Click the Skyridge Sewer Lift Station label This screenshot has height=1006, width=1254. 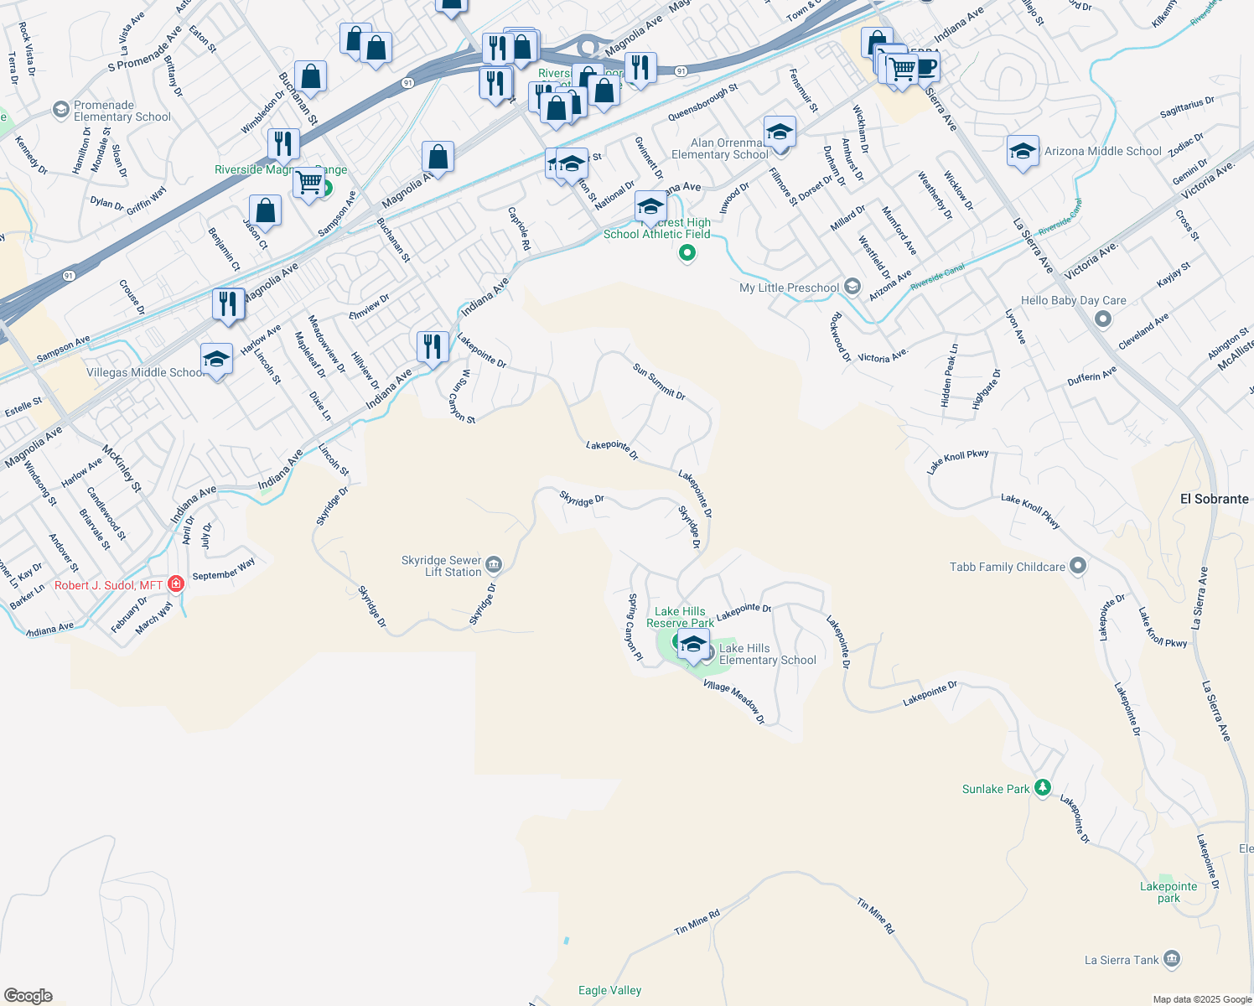pyautogui.click(x=442, y=567)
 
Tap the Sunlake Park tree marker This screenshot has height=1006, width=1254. pyautogui.click(x=1042, y=787)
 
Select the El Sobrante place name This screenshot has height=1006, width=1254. pyautogui.click(x=1214, y=499)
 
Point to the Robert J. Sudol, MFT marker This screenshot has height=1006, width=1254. pyautogui.click(x=176, y=583)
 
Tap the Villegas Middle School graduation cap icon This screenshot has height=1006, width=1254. pyautogui.click(x=216, y=360)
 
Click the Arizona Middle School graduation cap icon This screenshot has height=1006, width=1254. pyautogui.click(x=1022, y=151)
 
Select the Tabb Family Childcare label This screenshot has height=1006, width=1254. pyautogui.click(x=1007, y=568)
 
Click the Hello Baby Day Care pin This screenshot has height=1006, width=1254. pyautogui.click(x=1103, y=319)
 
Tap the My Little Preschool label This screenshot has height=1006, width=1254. pyautogui.click(x=789, y=288)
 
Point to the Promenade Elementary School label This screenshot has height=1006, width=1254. pyautogui.click(x=122, y=111)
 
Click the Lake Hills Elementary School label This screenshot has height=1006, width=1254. pyautogui.click(x=767, y=655)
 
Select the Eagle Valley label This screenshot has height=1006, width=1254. pyautogui.click(x=609, y=991)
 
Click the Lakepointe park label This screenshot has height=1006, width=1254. pyautogui.click(x=1168, y=892)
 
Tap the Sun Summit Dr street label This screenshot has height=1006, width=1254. pyautogui.click(x=659, y=381)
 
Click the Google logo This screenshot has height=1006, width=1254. pyautogui.click(x=28, y=996)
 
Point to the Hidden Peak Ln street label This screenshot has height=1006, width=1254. pyautogui.click(x=950, y=376)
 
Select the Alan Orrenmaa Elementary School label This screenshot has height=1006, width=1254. pyautogui.click(x=719, y=149)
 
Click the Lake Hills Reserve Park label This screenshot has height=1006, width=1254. pyautogui.click(x=680, y=617)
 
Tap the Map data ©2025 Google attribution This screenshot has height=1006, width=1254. pyautogui.click(x=1202, y=999)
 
